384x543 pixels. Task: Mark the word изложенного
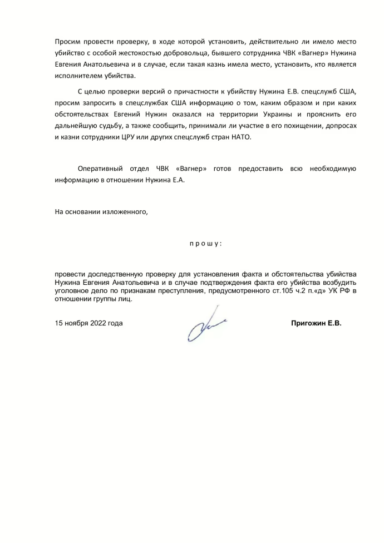point(127,211)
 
